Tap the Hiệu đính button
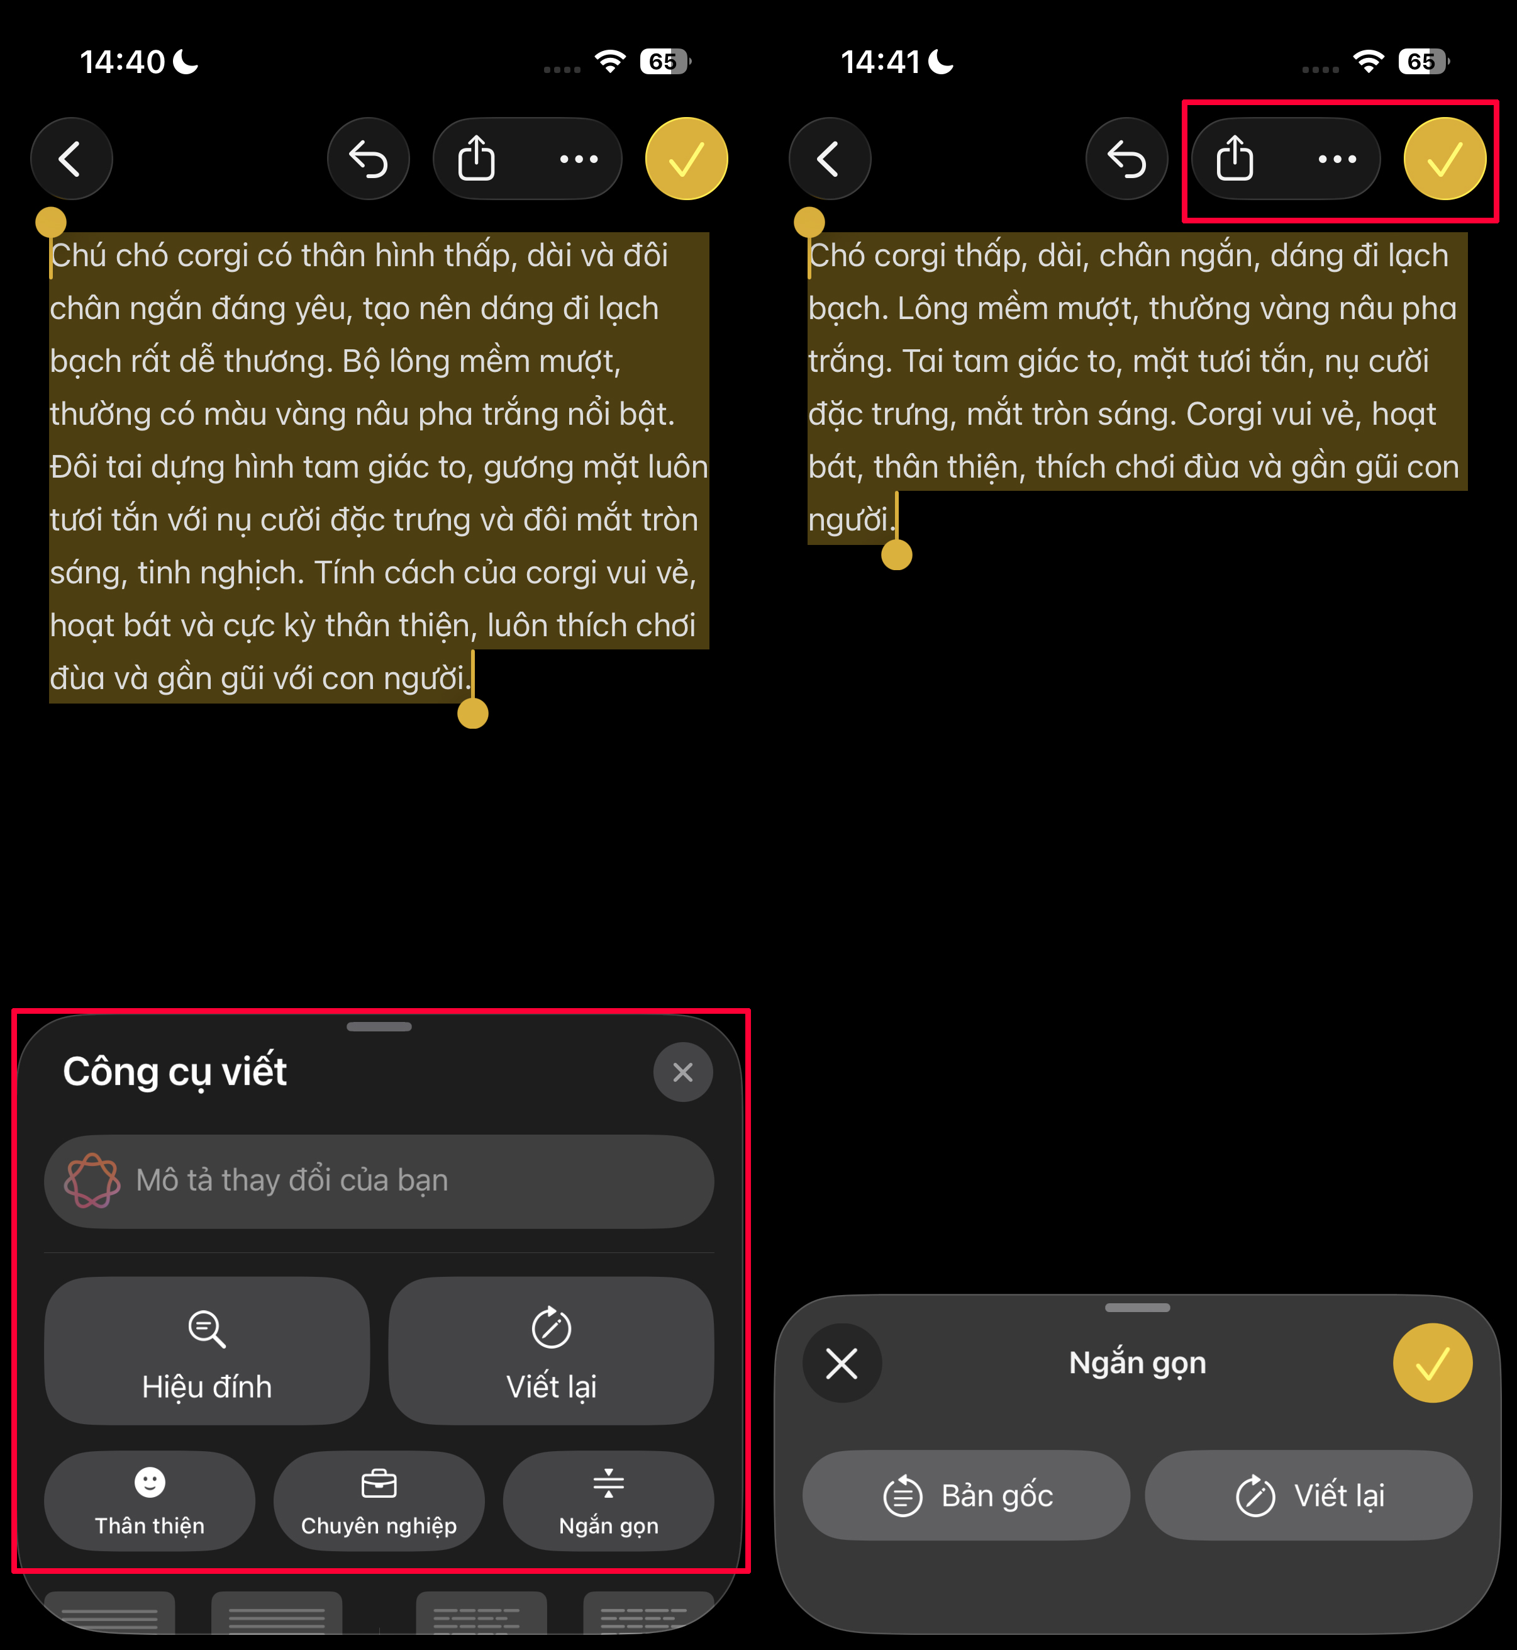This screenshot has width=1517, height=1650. pyautogui.click(x=207, y=1351)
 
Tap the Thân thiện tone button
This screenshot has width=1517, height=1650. pyautogui.click(x=150, y=1500)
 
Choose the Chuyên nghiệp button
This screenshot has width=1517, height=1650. pyautogui.click(x=379, y=1500)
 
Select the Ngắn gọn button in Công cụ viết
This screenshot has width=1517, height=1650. pyautogui.click(x=608, y=1500)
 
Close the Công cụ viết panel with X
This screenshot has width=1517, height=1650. pyautogui.click(x=682, y=1072)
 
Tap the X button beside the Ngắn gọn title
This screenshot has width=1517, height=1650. pyautogui.click(x=842, y=1364)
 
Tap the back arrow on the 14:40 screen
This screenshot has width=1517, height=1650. pyautogui.click(x=72, y=159)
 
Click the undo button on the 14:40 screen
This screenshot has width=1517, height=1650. pyautogui.click(x=368, y=159)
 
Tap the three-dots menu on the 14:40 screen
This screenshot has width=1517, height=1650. pyautogui.click(x=578, y=159)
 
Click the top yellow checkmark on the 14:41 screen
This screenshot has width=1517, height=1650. pyautogui.click(x=1444, y=159)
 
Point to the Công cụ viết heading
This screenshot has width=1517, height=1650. pyautogui.click(x=175, y=1072)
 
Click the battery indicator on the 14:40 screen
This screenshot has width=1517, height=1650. pyautogui.click(x=665, y=62)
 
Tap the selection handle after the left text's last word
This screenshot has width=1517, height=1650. pyautogui.click(x=473, y=713)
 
